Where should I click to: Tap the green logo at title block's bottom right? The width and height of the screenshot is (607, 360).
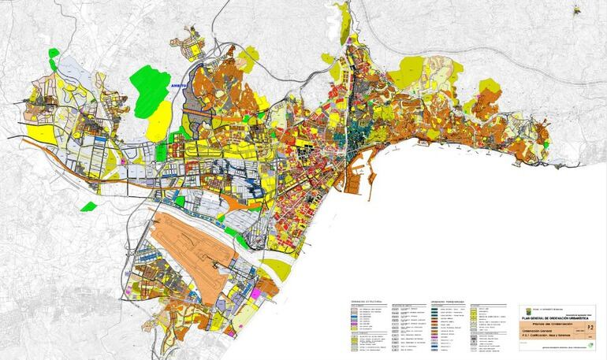(x=590, y=344)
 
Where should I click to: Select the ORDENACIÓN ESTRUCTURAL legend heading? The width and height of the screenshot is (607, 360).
(x=367, y=301)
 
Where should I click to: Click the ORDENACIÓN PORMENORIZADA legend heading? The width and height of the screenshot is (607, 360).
(x=449, y=301)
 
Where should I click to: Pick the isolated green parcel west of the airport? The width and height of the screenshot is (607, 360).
(x=88, y=207)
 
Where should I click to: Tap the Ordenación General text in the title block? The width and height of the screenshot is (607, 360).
(x=540, y=331)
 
